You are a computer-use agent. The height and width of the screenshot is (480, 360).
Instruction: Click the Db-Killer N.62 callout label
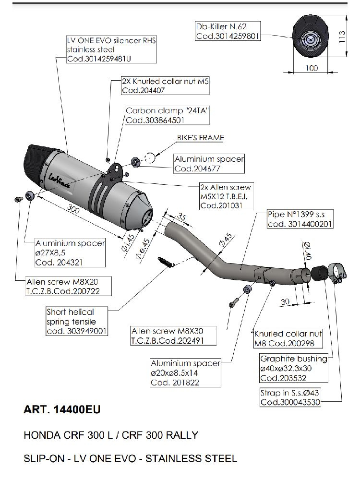coord(228,31)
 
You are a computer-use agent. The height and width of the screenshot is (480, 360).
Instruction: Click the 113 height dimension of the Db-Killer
coord(342,36)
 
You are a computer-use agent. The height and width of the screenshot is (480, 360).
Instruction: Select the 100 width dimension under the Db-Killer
coord(312,68)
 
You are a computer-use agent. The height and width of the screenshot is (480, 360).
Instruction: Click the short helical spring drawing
coord(165,261)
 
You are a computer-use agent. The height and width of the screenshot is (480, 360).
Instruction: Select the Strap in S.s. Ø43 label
coord(290,397)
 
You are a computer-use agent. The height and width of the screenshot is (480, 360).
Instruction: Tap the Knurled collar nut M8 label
coord(288,338)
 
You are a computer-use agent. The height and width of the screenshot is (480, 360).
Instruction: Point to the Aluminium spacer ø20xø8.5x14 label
coord(185,373)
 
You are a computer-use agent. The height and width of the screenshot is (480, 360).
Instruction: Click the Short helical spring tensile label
coord(77,321)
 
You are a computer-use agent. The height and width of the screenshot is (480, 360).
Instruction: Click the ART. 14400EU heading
coord(62,410)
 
